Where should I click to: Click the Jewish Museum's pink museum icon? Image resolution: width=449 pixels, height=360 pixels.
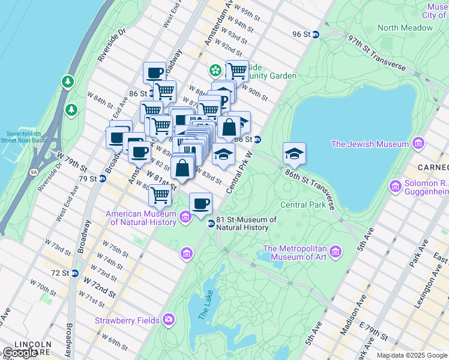pos(418,143)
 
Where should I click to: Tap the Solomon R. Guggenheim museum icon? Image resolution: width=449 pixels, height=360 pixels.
pos(395,187)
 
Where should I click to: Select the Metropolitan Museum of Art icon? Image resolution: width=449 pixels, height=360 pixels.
pos(335,250)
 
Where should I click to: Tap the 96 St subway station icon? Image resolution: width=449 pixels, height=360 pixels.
pos(316,34)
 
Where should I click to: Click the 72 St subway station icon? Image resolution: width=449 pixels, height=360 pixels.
pos(74,273)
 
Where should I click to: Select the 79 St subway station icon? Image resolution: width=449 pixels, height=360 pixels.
pos(102,178)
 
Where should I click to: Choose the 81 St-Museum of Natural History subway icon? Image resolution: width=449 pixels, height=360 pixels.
pos(211,224)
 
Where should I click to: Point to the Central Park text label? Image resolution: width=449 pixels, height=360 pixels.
pos(303,205)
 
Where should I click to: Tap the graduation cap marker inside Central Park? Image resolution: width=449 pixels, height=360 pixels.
pos(294,154)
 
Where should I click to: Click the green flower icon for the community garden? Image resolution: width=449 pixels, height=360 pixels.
pos(215,71)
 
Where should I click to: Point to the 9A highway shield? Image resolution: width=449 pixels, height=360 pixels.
pos(34,172)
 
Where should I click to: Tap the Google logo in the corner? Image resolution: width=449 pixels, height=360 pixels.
pos(20,353)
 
